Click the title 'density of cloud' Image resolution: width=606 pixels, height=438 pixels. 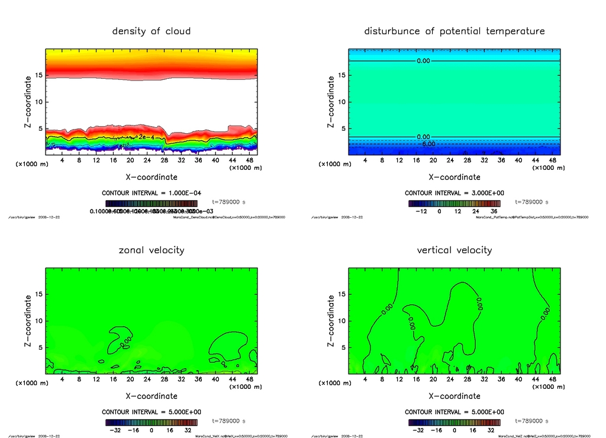[x=151, y=31]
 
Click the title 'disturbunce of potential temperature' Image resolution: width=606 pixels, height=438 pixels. [x=454, y=31]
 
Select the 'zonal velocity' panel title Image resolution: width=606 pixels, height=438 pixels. [x=151, y=250]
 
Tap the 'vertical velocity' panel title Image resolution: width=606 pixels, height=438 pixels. [x=454, y=250]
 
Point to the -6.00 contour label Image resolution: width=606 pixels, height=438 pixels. [x=427, y=144]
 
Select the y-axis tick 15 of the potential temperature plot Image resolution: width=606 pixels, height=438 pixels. [x=341, y=75]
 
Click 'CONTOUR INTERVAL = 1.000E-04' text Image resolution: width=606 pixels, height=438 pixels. [x=151, y=194]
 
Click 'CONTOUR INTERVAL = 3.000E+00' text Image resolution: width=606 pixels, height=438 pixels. [x=454, y=194]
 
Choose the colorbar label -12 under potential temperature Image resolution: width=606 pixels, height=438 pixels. [x=421, y=211]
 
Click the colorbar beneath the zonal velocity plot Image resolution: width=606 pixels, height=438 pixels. [x=151, y=423]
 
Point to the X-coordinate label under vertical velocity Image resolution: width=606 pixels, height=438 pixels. [x=454, y=396]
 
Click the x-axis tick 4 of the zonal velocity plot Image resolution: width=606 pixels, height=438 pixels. [x=62, y=379]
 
